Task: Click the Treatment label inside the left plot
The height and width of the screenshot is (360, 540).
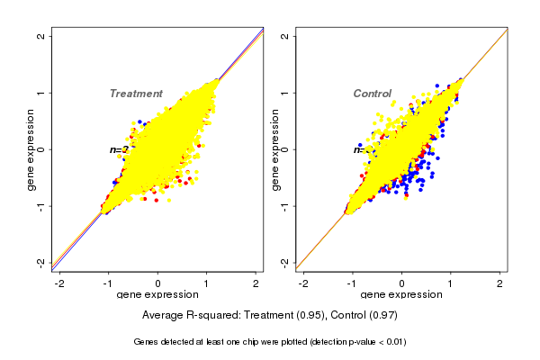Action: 136,94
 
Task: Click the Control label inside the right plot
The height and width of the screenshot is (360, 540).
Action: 372,94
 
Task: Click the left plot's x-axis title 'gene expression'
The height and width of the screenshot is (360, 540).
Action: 157,295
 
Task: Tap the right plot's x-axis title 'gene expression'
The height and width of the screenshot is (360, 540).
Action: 401,295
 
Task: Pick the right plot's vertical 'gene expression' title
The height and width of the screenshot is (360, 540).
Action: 275,149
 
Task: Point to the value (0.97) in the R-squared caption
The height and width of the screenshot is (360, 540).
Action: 382,316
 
